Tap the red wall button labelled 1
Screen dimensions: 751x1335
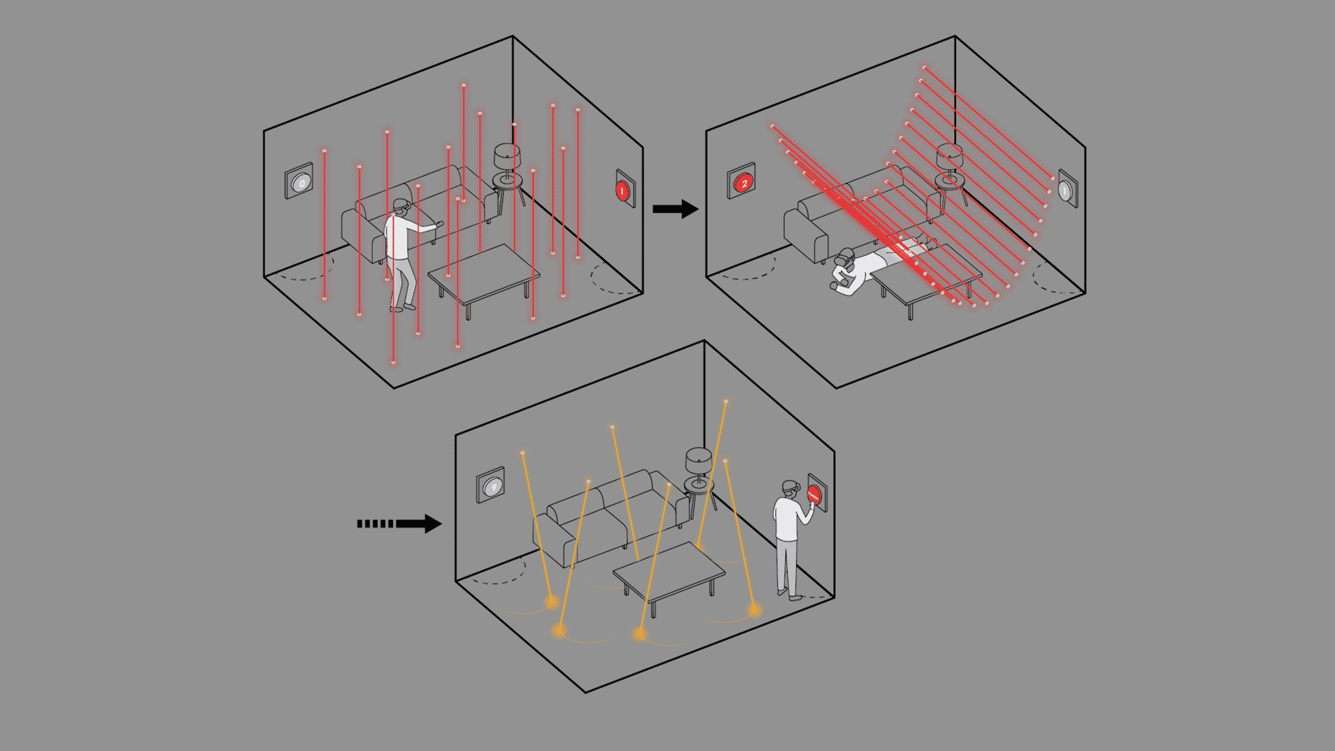coord(623,190)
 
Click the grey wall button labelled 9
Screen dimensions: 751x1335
coord(493,487)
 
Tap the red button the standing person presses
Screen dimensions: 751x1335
coord(814,495)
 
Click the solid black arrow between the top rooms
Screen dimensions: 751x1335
coord(675,209)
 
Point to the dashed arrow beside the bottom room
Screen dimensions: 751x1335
coord(400,524)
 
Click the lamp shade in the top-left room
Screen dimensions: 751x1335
coord(507,156)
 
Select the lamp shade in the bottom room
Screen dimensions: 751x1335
coord(698,460)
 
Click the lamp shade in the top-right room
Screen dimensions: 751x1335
coord(949,156)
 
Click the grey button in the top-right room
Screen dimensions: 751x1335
coord(1065,189)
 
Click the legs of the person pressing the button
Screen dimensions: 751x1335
coord(786,567)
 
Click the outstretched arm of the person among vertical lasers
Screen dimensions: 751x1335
coord(425,226)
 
